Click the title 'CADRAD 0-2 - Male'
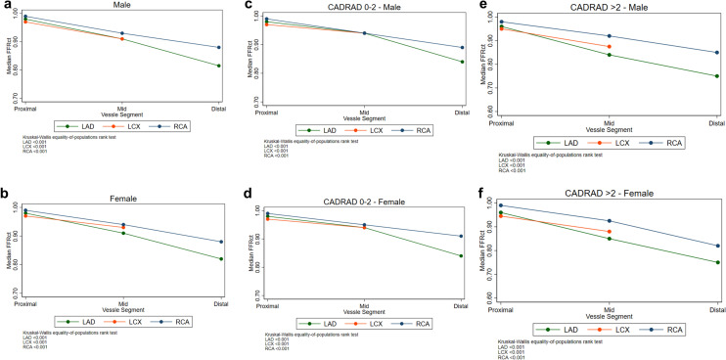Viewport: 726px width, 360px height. pos(363,8)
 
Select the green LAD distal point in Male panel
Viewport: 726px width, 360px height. pos(219,66)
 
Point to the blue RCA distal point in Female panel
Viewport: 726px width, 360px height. pos(219,242)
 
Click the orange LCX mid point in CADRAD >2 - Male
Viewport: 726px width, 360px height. pos(609,47)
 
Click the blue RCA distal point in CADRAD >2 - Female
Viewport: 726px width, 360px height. pos(716,246)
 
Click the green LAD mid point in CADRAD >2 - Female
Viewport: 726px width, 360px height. pos(609,239)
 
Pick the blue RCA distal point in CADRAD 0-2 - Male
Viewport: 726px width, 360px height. pos(462,48)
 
